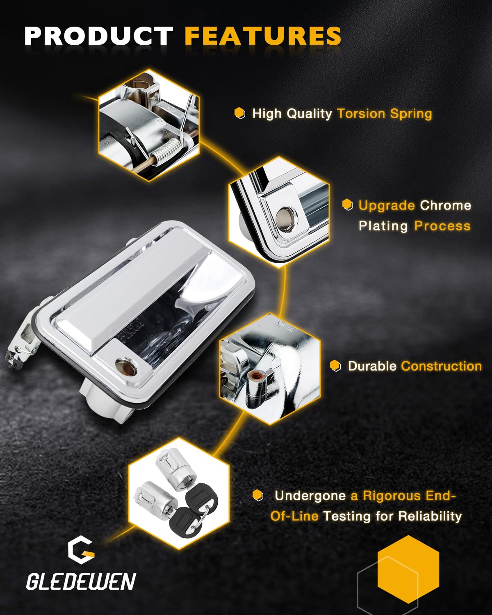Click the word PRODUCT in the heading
99,36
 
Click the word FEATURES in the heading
263,36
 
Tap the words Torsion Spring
385,114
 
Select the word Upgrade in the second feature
387,206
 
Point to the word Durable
372,366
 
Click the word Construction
442,366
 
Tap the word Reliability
430,517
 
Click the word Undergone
310,496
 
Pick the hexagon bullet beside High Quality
239,113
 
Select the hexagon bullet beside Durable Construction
335,366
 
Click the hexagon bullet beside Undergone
258,495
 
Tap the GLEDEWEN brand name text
81,581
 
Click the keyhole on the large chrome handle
126,366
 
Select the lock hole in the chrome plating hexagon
285,219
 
